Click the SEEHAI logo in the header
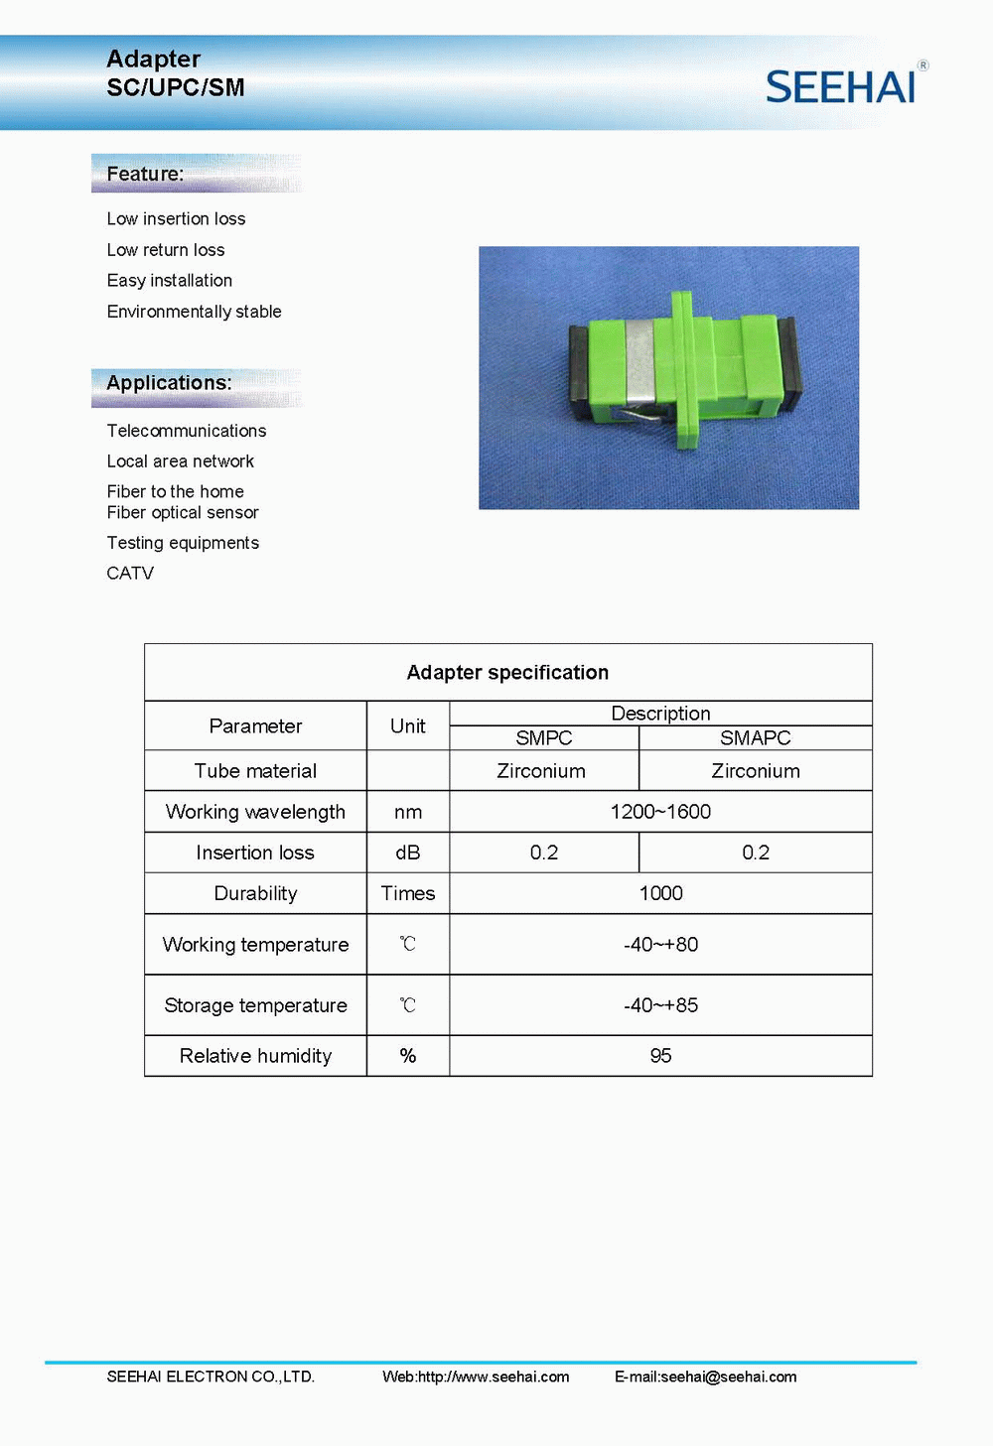pos(841,87)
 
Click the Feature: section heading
pos(145,174)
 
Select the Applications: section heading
pos(169,383)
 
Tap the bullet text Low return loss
pos(166,250)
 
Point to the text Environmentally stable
pos(195,312)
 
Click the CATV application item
pos(130,573)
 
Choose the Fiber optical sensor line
pos(183,512)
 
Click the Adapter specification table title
pos(507,673)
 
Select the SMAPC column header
pos(756,738)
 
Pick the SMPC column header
pos(544,738)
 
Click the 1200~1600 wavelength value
pos(660,812)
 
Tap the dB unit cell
pos(407,853)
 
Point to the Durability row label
pos(255,893)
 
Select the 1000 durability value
pos(660,893)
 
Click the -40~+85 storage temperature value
pos(660,1005)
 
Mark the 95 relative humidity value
pos(660,1056)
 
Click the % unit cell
pos(407,1056)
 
